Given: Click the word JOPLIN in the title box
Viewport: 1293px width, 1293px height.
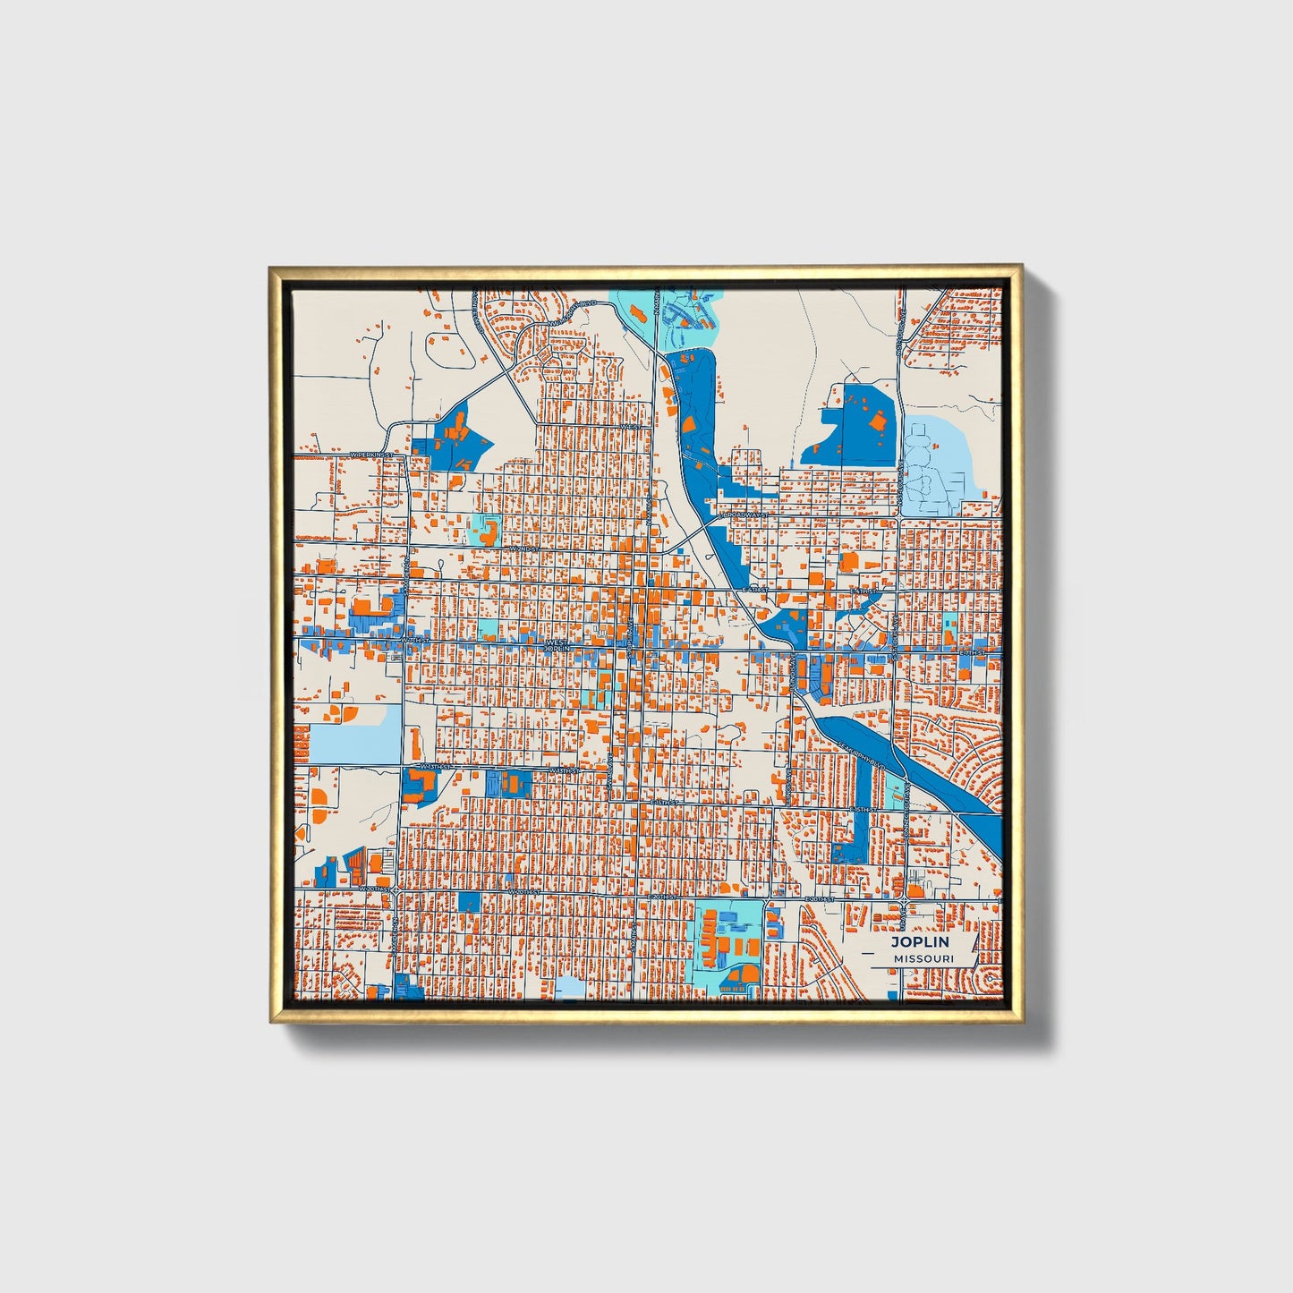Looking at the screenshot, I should coord(920,942).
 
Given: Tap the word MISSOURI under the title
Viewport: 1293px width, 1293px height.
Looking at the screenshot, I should coord(923,958).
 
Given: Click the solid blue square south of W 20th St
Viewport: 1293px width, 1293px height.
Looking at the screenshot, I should coord(469,902).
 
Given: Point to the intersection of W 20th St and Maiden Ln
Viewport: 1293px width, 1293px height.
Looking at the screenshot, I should coord(394,890).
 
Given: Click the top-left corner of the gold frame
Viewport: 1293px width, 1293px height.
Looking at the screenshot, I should coord(271,268).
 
